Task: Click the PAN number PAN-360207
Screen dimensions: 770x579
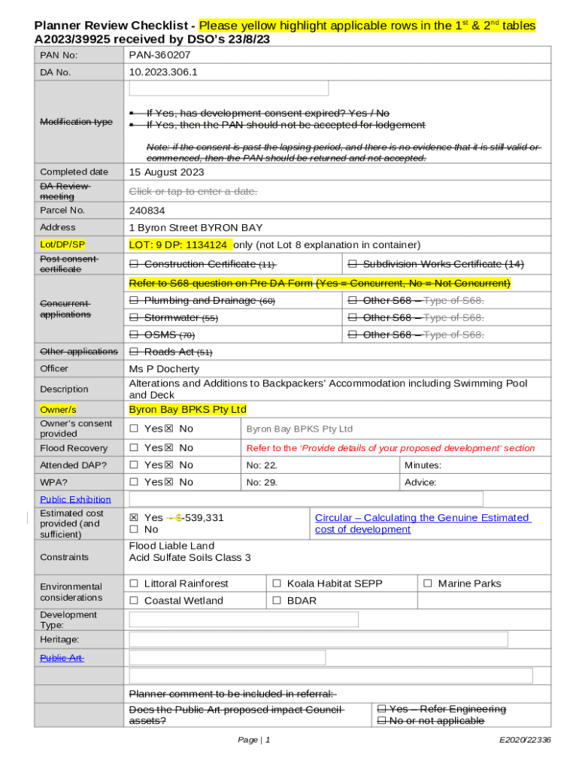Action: [x=159, y=56]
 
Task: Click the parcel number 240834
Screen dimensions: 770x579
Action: [x=147, y=211]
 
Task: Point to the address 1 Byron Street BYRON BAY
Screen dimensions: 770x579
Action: [x=196, y=228]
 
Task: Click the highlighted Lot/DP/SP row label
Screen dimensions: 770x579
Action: [x=62, y=245]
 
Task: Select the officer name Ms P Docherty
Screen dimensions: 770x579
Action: [x=164, y=369]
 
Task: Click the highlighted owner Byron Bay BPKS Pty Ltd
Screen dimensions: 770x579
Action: [x=187, y=410]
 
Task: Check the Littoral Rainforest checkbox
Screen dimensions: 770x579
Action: [x=134, y=584]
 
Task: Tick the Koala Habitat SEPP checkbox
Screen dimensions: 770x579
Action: [x=277, y=584]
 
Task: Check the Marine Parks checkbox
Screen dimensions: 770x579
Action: [x=428, y=584]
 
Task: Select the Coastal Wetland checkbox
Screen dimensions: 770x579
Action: [x=134, y=601]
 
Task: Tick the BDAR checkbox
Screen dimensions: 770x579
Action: [x=277, y=601]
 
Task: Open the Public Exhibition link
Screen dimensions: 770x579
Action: [x=75, y=499]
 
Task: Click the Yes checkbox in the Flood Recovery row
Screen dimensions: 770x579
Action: [x=134, y=448]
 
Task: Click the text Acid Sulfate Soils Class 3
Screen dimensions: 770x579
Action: [x=189, y=558]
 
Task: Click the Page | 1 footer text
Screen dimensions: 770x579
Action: [x=253, y=741]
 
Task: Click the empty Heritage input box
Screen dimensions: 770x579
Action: [x=318, y=639]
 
